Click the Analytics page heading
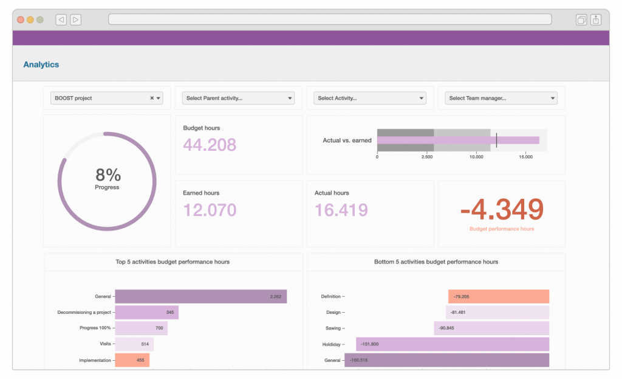point(41,64)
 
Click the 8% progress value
point(107,175)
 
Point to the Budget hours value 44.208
point(210,145)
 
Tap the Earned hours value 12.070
point(210,210)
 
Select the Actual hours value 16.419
point(341,210)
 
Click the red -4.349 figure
point(501,209)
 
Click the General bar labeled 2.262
point(200,296)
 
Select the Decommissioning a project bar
point(146,312)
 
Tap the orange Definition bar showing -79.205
point(499,296)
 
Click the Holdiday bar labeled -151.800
point(453,344)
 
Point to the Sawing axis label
point(333,329)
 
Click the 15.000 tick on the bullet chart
point(525,156)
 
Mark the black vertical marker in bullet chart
point(496,140)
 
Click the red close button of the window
point(21,19)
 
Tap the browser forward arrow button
point(75,19)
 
